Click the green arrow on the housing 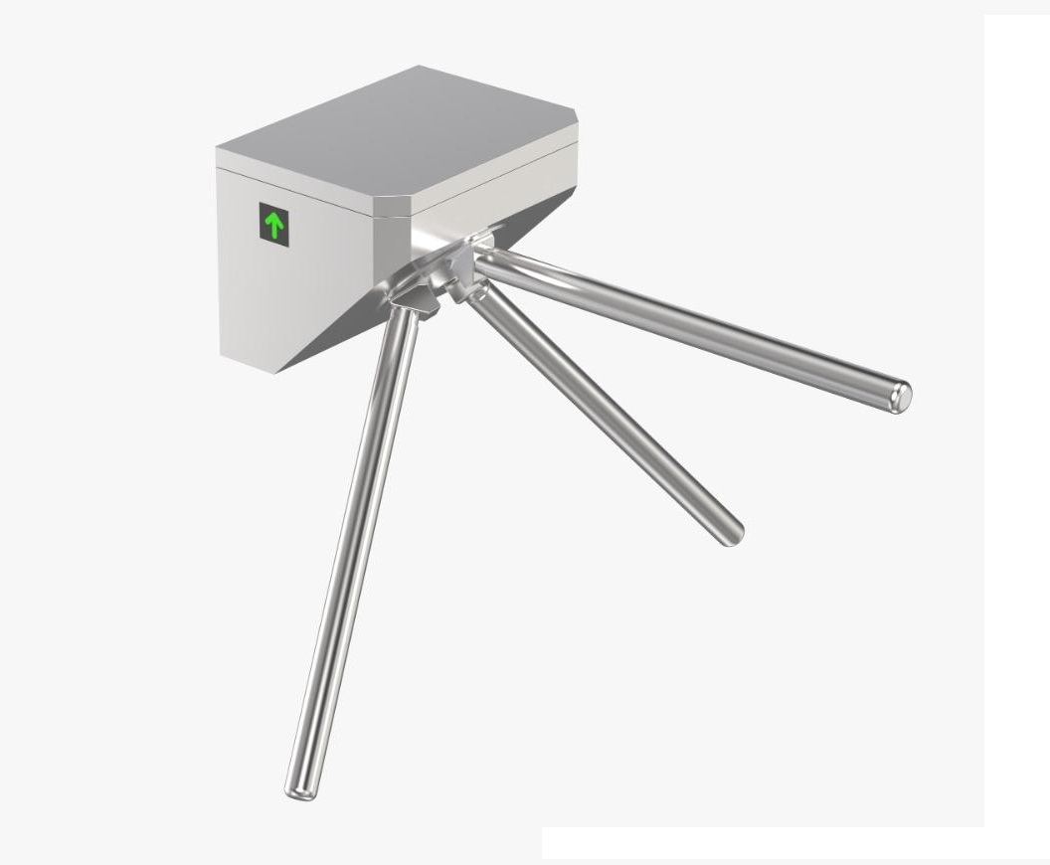(274, 226)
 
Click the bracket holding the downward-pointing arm (413, 298)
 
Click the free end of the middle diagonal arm (732, 534)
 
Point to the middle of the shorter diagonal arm (607, 413)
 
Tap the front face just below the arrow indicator (275, 288)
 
